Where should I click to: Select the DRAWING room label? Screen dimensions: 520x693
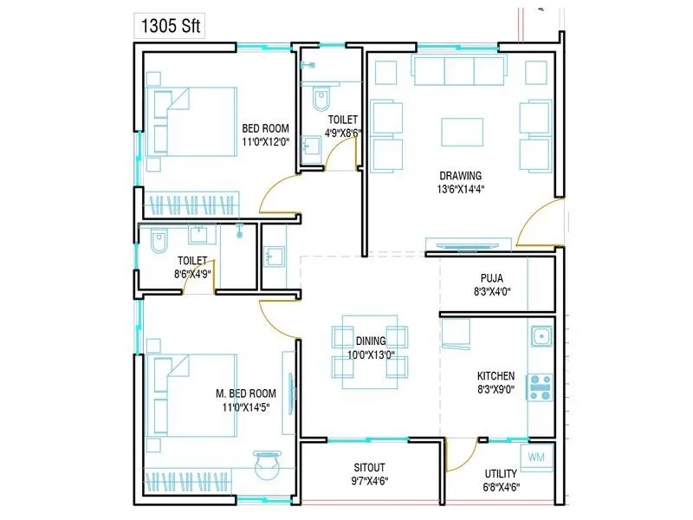pyautogui.click(x=459, y=176)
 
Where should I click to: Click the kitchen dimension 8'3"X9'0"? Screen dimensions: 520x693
pyautogui.click(x=495, y=389)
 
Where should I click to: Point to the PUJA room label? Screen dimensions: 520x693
pyautogui.click(x=493, y=278)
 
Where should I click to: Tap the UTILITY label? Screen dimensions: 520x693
pyautogui.click(x=501, y=473)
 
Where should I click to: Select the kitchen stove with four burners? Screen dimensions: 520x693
pyautogui.click(x=540, y=386)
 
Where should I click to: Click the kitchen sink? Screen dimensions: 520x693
pyautogui.click(x=540, y=336)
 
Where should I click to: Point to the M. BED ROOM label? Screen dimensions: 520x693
pyautogui.click(x=246, y=393)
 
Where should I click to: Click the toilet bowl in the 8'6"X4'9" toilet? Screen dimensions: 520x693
pyautogui.click(x=159, y=243)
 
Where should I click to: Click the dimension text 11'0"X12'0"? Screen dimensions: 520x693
pyautogui.click(x=265, y=141)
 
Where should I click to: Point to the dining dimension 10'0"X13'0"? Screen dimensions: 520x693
pyautogui.click(x=370, y=354)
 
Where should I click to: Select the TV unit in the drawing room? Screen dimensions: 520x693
pyautogui.click(x=468, y=244)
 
